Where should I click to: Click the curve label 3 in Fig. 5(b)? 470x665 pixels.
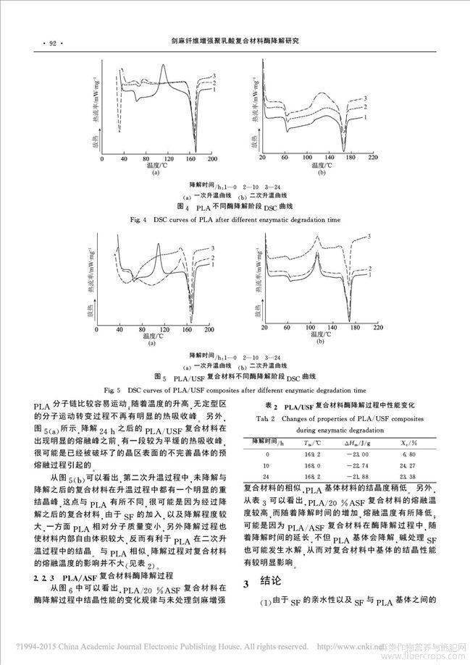(x=370, y=236)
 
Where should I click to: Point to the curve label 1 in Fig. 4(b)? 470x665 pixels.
(x=367, y=117)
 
